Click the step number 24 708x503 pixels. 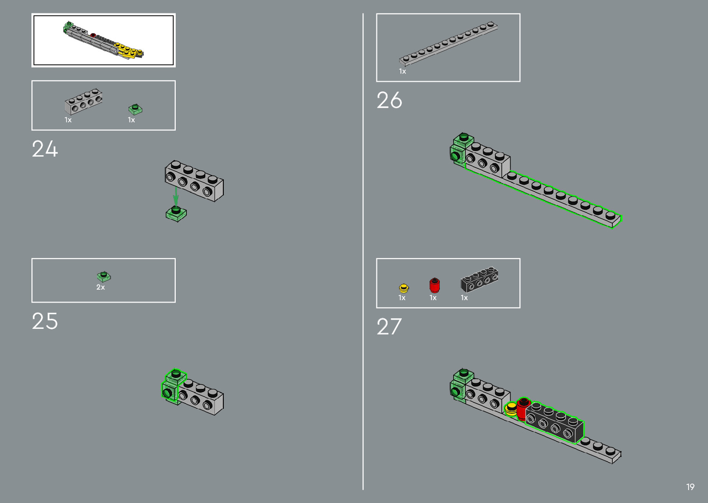45,149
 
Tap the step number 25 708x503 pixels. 45,321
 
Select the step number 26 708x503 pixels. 389,100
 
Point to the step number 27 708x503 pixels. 389,327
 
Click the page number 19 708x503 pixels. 690,487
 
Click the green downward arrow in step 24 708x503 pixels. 176,196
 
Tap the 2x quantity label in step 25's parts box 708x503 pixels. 100,287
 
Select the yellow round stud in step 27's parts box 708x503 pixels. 404,289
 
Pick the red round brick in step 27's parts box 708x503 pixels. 434,285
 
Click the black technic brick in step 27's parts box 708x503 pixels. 480,279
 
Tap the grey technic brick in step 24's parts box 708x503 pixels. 84,101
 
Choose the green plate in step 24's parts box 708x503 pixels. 135,109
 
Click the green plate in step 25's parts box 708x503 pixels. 104,277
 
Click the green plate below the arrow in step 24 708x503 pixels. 176,214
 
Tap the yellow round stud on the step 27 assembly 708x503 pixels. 511,409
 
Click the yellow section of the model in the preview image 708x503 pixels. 127,50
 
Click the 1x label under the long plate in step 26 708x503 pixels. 402,72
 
